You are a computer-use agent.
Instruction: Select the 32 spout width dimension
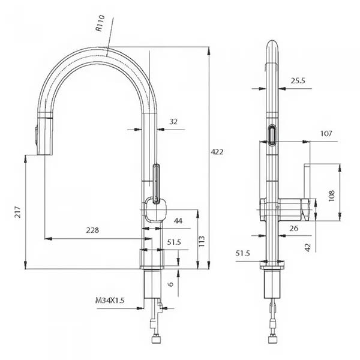[173, 122]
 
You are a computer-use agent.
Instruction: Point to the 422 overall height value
[217, 152]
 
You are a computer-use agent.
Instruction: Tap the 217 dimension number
[19, 211]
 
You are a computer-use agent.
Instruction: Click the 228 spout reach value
[92, 230]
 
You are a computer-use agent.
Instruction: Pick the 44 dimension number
[178, 221]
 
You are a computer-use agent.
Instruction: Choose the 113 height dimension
[202, 241]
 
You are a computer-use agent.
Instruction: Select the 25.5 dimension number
[298, 80]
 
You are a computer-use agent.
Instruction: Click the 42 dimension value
[307, 247]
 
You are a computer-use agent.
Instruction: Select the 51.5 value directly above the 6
[174, 242]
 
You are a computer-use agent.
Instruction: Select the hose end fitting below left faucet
[157, 339]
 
